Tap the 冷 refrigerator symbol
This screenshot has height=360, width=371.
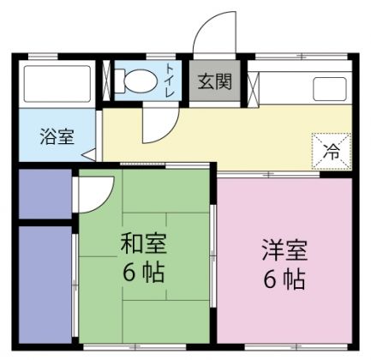coord(332,152)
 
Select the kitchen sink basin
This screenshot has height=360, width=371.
coord(331,88)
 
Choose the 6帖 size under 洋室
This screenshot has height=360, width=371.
coord(284,279)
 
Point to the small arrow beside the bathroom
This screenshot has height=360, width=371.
coord(88,155)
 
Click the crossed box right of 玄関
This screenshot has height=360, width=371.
coord(252,84)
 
